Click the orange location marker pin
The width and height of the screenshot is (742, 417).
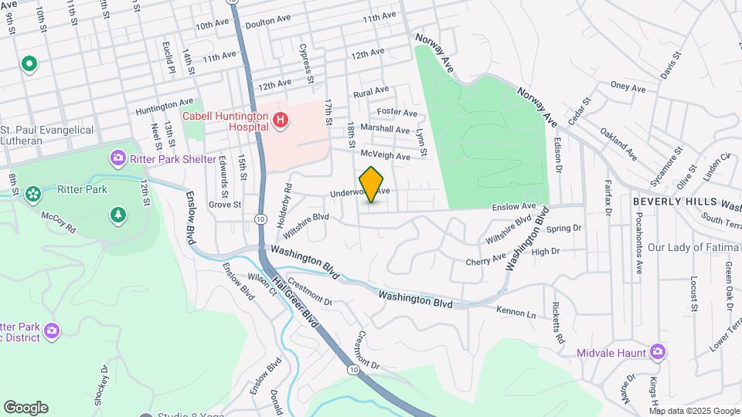point(372,184)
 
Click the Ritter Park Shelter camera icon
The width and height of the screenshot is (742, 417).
point(117,159)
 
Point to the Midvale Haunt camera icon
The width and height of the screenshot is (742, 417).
point(657,353)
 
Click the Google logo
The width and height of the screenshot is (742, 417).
point(26,407)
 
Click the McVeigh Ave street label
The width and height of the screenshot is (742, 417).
point(385,155)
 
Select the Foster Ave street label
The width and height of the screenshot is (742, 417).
point(397,113)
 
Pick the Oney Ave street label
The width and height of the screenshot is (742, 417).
point(628,88)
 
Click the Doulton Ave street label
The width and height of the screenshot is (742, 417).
point(266,24)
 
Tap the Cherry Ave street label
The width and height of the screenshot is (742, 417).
point(485,261)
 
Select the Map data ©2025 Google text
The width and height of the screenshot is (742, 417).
point(695,411)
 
